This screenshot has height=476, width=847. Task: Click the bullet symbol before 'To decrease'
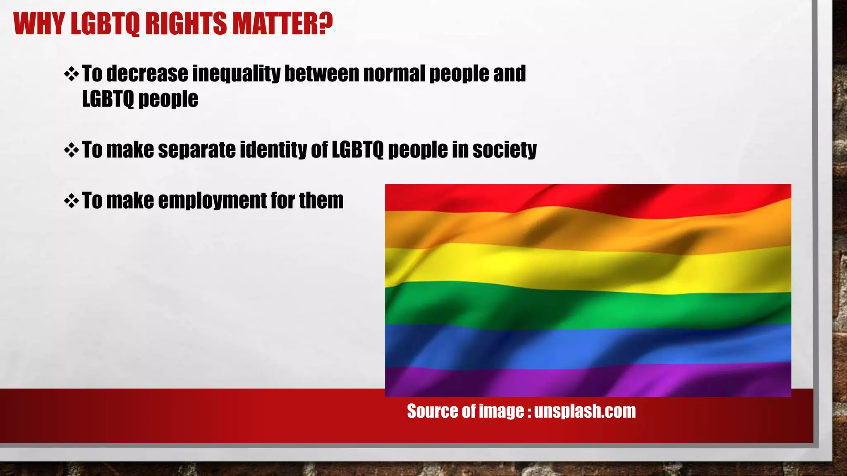(x=72, y=74)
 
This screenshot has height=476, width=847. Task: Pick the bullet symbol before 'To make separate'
(x=72, y=150)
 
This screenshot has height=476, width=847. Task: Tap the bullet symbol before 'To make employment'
(x=72, y=201)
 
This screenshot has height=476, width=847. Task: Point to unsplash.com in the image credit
(x=585, y=411)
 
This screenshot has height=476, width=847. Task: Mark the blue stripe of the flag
(x=587, y=345)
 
